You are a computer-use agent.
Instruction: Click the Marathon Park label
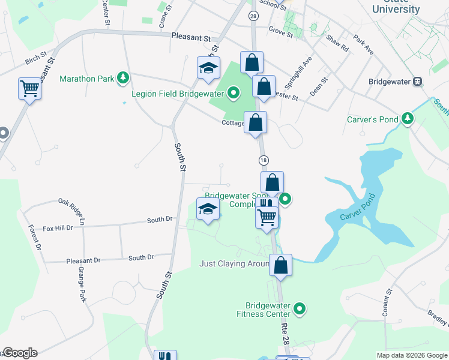(86, 79)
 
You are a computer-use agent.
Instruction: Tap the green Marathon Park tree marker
(123, 77)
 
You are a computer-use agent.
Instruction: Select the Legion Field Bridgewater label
(178, 93)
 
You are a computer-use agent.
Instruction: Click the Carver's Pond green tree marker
(408, 119)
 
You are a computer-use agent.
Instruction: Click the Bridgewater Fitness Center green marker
(299, 310)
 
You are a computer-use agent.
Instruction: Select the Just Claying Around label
(234, 263)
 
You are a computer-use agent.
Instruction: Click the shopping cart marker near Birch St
(29, 89)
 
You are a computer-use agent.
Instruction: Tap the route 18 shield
(263, 160)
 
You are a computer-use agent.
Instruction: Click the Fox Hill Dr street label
(58, 228)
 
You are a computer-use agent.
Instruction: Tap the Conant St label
(387, 302)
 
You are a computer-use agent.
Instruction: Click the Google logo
(20, 353)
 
